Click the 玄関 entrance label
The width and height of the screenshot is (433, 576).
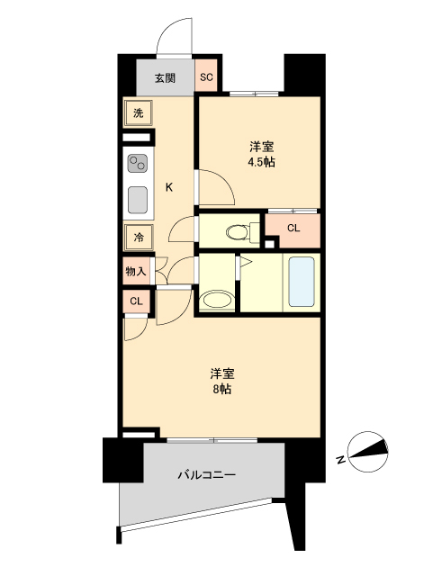click(x=165, y=78)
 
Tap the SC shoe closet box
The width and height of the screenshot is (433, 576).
click(x=206, y=77)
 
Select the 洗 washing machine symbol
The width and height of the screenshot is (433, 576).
click(x=139, y=113)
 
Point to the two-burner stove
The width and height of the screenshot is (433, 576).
click(x=139, y=164)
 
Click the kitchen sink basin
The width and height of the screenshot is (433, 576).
click(x=139, y=198)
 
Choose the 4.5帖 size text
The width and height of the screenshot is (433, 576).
click(x=261, y=163)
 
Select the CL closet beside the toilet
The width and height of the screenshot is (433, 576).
click(x=293, y=229)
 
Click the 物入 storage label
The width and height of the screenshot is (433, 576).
click(x=136, y=272)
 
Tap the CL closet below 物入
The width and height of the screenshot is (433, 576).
click(x=136, y=301)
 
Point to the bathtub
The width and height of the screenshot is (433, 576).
click(x=301, y=283)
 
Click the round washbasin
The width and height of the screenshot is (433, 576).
click(x=217, y=300)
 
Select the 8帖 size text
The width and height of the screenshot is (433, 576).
click(x=222, y=390)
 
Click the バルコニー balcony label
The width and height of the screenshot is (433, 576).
click(x=206, y=473)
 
